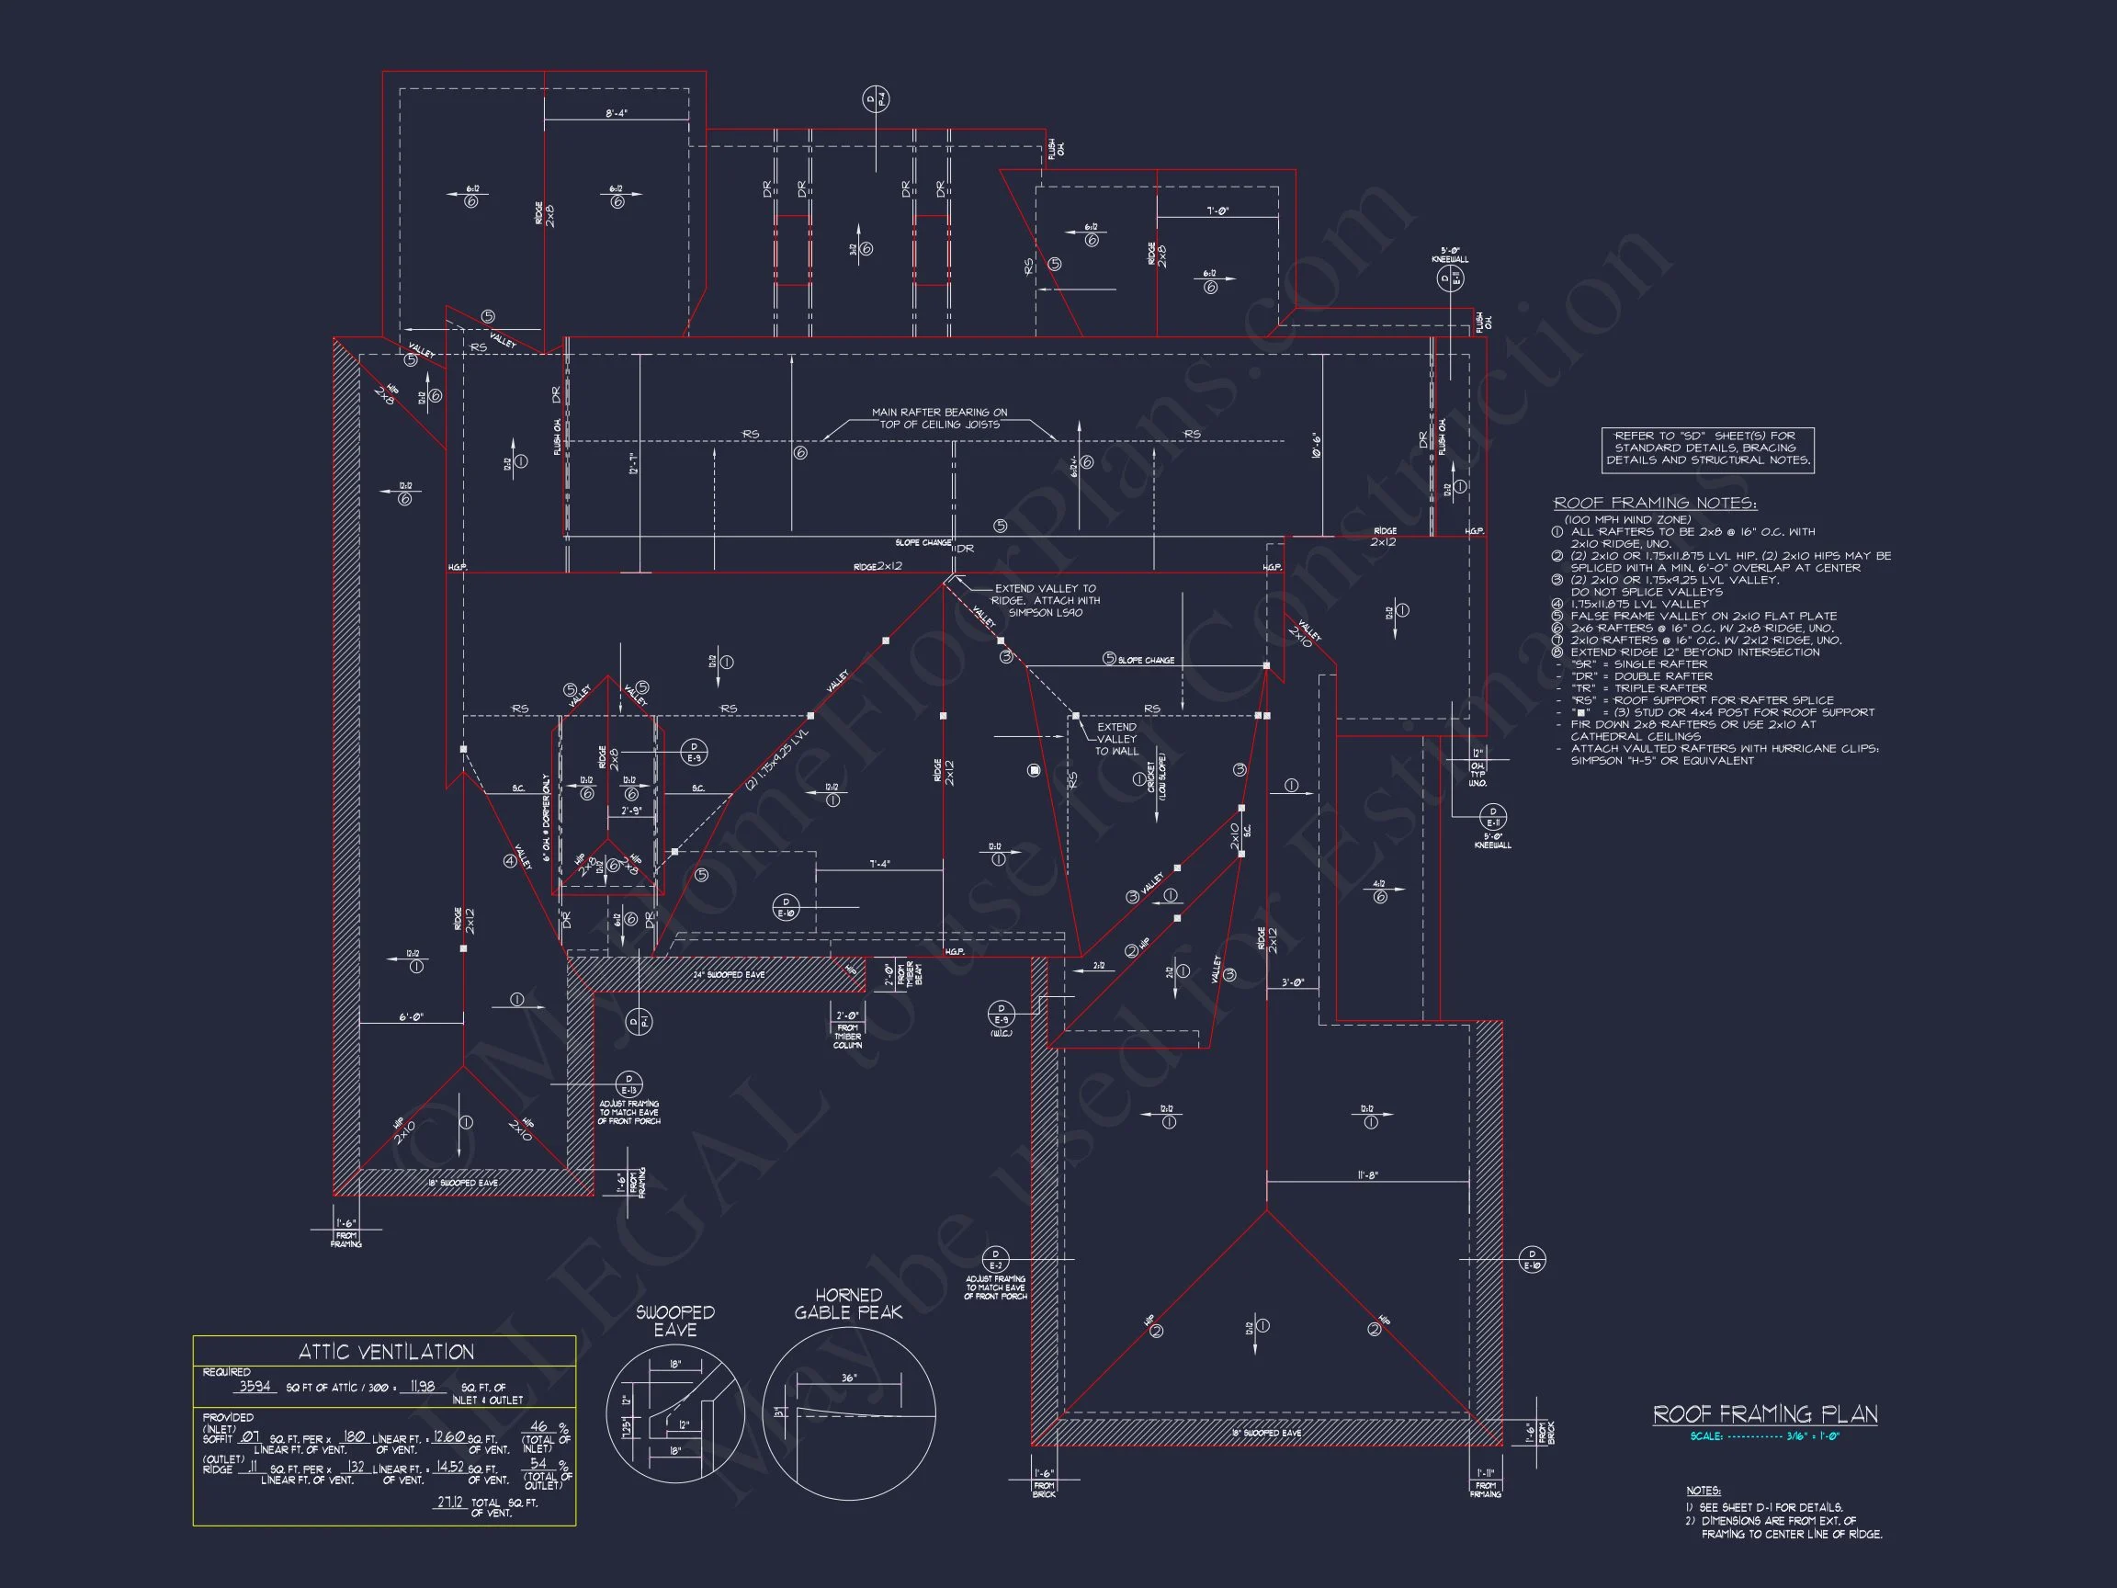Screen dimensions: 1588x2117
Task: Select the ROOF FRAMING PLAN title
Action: [1765, 1413]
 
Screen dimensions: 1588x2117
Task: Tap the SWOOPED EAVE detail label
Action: [674, 1321]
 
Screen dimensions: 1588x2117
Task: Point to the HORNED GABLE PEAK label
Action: [848, 1304]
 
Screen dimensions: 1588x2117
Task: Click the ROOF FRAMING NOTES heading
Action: [1655, 504]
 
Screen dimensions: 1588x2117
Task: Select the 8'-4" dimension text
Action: [617, 113]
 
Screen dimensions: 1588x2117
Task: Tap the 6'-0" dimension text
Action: [411, 1016]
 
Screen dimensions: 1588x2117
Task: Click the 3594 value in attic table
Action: [255, 1386]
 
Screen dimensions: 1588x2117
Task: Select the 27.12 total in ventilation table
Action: [450, 1503]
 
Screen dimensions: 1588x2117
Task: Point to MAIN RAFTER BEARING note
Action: [939, 418]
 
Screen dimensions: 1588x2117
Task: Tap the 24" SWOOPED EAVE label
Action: [729, 974]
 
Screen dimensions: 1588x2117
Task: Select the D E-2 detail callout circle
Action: [995, 1259]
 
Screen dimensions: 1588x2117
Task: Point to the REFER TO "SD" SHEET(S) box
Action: [1707, 448]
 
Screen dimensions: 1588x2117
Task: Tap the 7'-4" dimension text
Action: [878, 864]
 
